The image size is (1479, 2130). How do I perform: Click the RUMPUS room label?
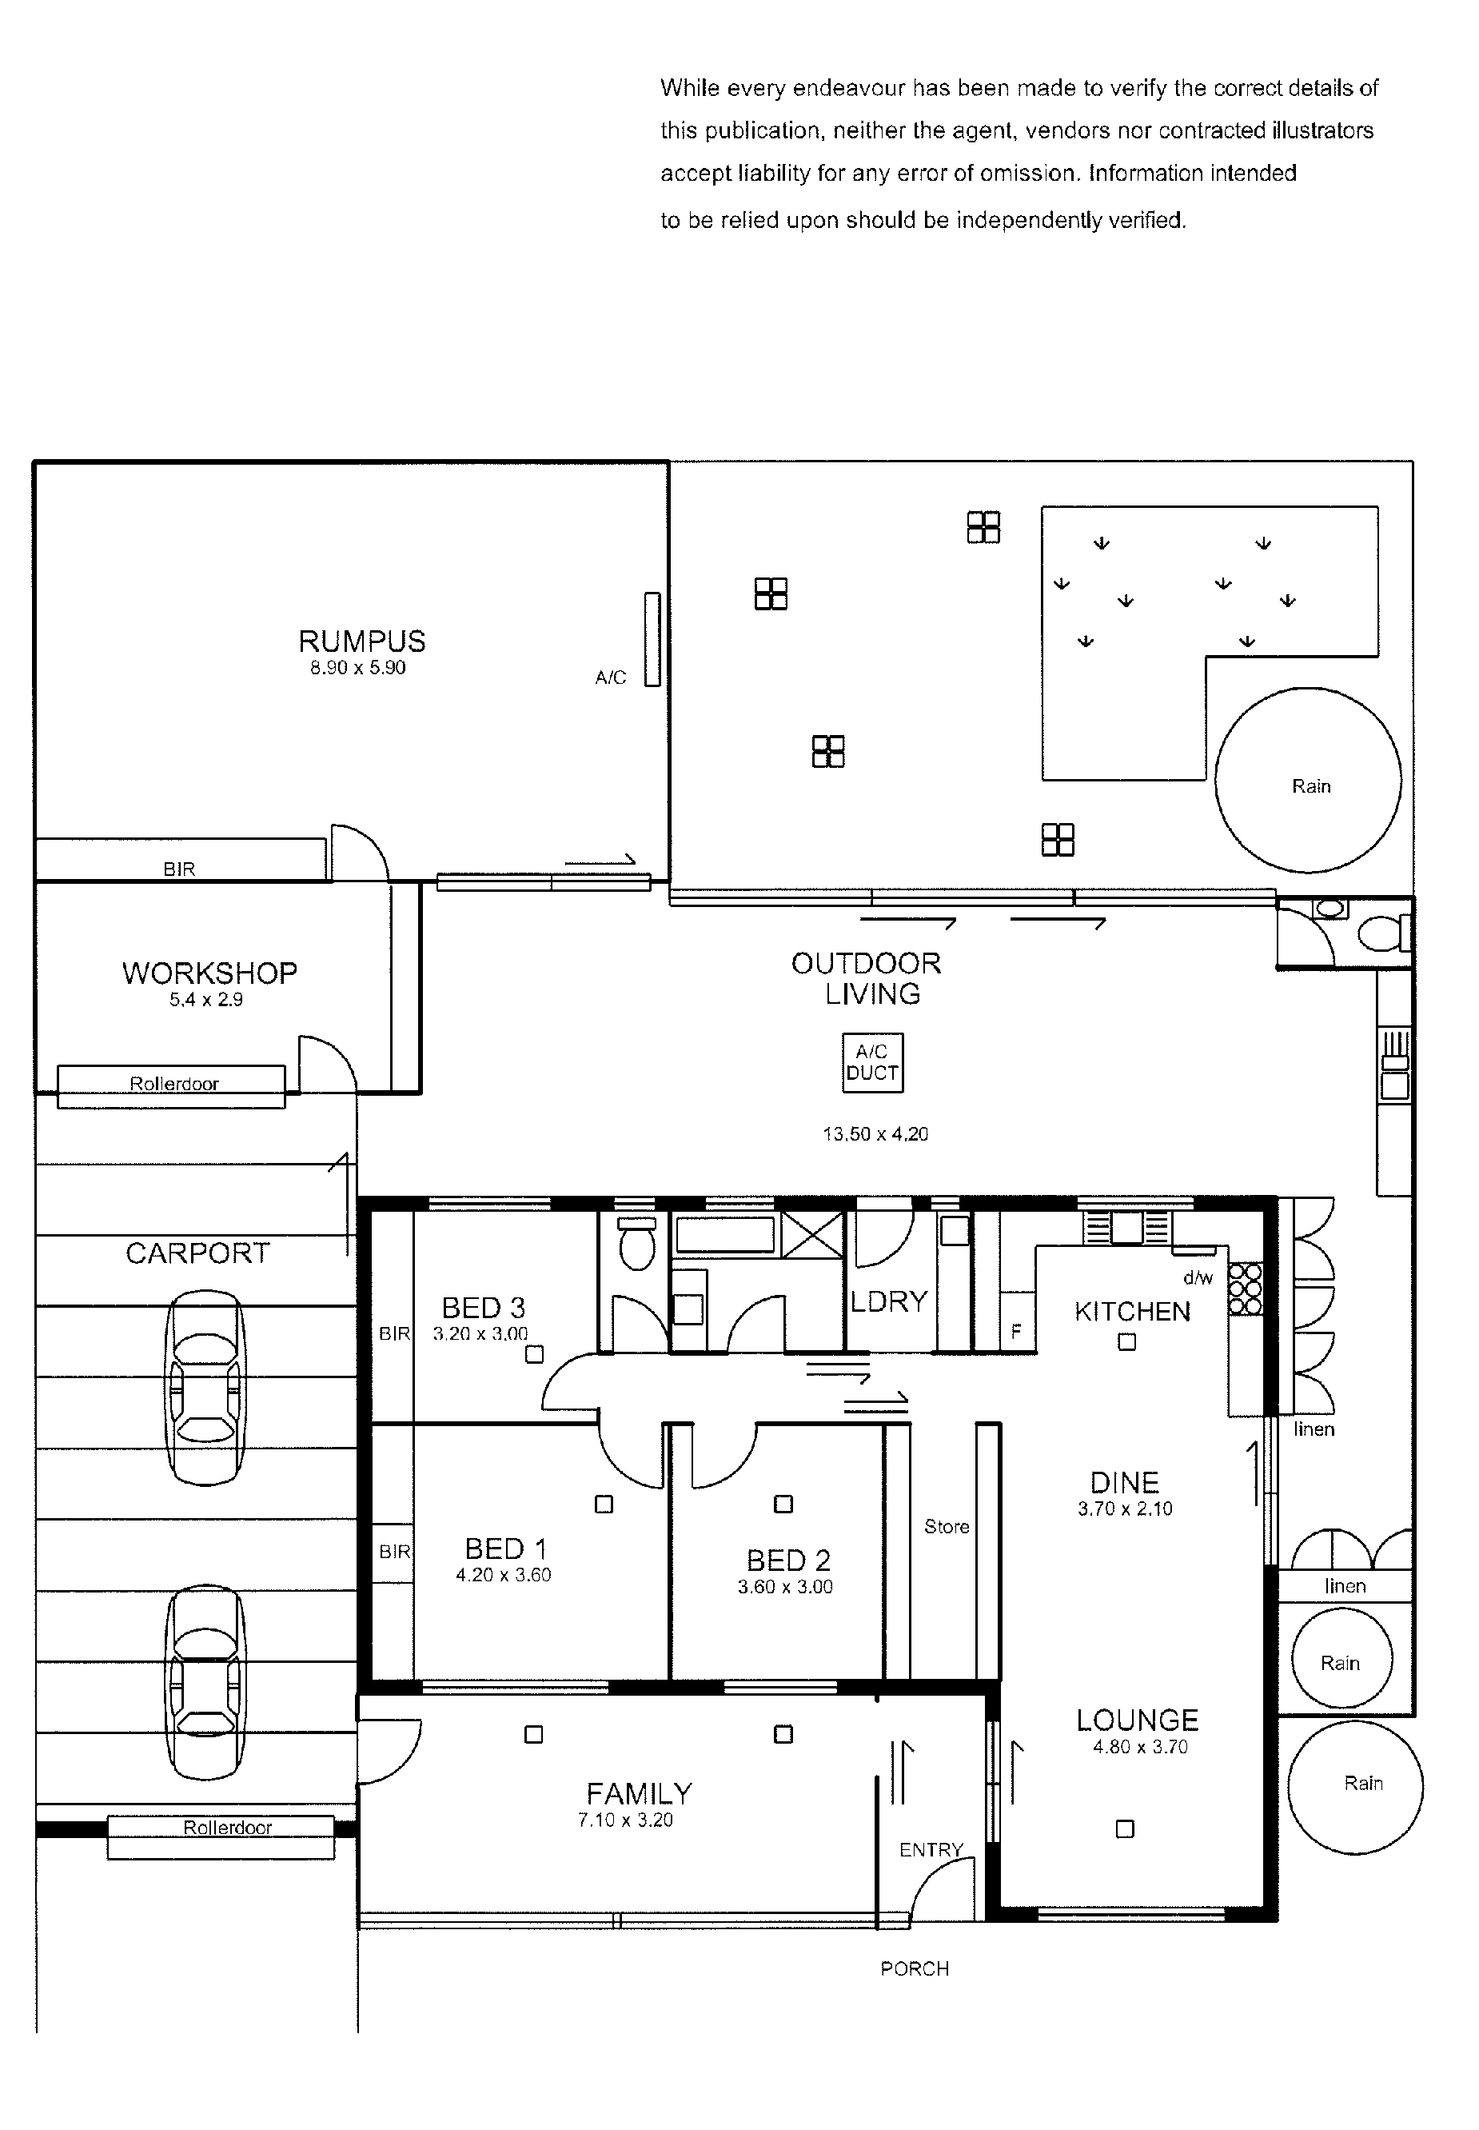click(x=361, y=641)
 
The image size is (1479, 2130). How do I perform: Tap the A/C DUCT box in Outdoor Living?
click(x=872, y=1062)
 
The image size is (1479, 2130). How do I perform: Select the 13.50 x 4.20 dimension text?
click(x=875, y=1133)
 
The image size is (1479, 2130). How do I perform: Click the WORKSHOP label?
click(x=209, y=973)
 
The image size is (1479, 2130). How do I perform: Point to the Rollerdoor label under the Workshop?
click(x=174, y=1084)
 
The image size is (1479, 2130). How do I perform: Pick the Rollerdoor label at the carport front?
click(x=228, y=1828)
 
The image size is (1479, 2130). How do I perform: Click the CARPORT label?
click(x=197, y=1253)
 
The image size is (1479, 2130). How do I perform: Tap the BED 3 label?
click(x=483, y=1308)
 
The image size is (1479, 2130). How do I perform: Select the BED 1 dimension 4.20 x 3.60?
click(x=503, y=1575)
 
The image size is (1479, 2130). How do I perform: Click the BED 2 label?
click(x=788, y=1561)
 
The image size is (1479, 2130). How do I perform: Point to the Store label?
click(x=946, y=1527)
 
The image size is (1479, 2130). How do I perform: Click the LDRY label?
click(x=889, y=1301)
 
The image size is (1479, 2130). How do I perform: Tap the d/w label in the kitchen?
click(x=1198, y=1278)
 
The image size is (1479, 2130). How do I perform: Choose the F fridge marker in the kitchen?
click(x=1015, y=1331)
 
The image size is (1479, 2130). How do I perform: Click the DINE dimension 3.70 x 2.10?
click(x=1125, y=1509)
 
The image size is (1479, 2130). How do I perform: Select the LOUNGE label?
click(x=1137, y=1720)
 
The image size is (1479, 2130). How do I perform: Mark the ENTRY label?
click(x=931, y=1850)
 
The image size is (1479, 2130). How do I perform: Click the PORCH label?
click(x=915, y=1968)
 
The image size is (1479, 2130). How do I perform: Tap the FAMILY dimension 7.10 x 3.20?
click(x=625, y=1820)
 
